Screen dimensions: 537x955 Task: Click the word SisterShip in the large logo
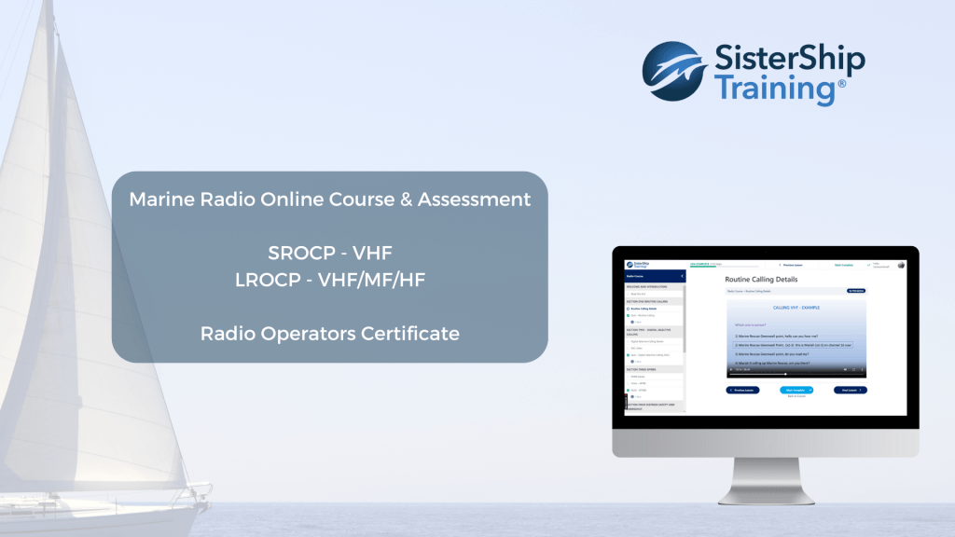click(789, 62)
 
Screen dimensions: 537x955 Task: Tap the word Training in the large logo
click(774, 90)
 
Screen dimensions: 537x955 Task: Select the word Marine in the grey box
click(159, 200)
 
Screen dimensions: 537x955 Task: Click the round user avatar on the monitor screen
click(901, 264)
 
